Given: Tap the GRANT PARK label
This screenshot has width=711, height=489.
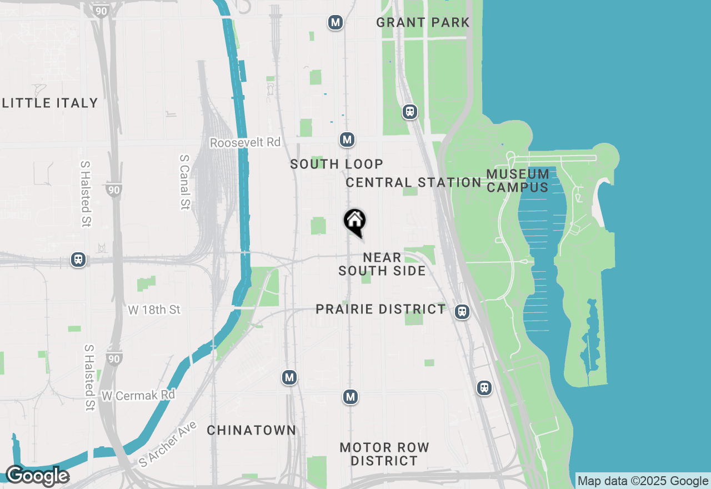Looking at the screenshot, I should [x=423, y=23].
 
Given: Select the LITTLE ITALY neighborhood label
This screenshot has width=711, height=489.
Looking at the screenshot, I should [x=50, y=103].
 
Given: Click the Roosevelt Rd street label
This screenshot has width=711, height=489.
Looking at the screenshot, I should [x=245, y=143].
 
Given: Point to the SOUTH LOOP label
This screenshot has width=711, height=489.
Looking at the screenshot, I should [x=337, y=164].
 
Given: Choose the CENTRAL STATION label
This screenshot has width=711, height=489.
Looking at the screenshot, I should [x=413, y=182].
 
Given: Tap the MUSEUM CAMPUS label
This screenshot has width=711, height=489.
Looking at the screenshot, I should [x=518, y=181].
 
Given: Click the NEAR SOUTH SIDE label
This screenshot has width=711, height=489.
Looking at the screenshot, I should [x=382, y=264].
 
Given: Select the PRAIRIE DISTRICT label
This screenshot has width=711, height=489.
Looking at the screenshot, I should [x=380, y=309].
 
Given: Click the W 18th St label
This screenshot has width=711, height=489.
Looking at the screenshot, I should [x=154, y=310].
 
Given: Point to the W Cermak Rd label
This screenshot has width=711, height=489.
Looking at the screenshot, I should [x=138, y=395].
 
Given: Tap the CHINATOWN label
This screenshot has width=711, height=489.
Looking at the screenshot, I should [x=252, y=430].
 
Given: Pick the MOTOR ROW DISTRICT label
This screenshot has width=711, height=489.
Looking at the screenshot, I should [x=384, y=454].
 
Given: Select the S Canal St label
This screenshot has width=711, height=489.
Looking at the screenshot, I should [x=184, y=182].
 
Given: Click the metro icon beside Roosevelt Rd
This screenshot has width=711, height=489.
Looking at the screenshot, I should [x=347, y=139].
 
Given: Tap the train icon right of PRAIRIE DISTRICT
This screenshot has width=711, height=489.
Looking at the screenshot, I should [x=462, y=312].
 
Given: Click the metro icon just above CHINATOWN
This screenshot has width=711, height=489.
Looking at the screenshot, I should [x=289, y=378].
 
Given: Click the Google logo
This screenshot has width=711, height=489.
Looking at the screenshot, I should [x=37, y=476].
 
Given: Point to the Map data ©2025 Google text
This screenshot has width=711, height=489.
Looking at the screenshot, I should [x=643, y=481].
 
